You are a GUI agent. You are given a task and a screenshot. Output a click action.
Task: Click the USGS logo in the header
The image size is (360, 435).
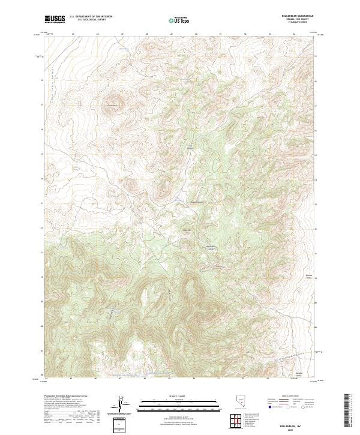(x=55, y=19)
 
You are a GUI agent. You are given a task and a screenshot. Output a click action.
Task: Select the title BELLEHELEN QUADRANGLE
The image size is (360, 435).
(x=304, y=16)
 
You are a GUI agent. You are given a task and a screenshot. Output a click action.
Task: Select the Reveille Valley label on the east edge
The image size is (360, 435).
(x=310, y=277)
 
